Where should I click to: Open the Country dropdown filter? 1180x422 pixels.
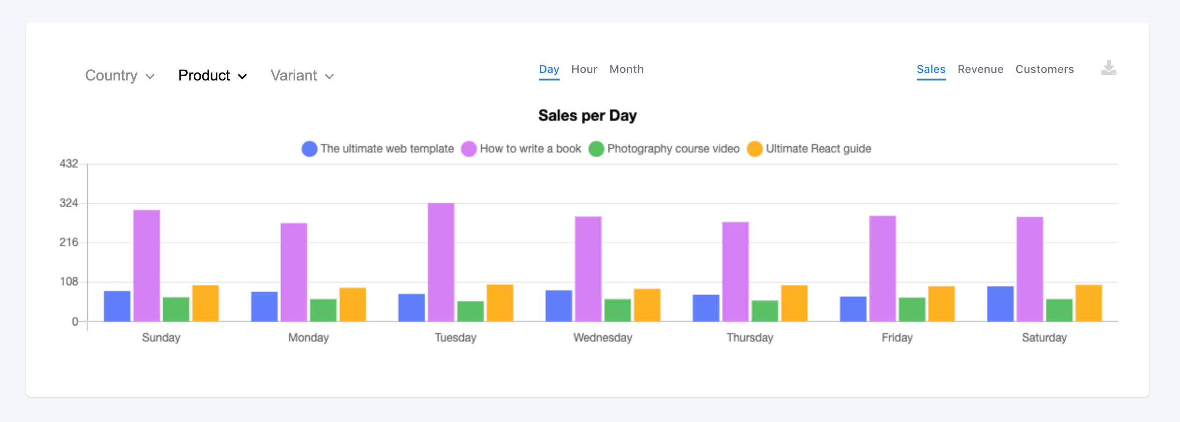119,75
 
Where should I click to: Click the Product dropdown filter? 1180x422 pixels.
212,75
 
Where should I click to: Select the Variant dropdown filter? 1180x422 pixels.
302,75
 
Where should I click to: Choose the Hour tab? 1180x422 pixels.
584,69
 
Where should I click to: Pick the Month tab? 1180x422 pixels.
626,69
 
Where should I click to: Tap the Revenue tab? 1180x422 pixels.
980,69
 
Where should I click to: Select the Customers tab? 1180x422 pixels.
1044,69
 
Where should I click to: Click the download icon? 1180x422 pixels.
1108,68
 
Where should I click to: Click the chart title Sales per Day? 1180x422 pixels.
587,115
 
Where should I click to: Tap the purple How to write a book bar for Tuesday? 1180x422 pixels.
441,262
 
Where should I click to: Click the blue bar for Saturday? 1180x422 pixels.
1000,304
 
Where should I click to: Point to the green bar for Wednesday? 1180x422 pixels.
617,310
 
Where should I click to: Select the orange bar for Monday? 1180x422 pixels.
352,305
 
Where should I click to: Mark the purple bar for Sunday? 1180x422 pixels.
146,266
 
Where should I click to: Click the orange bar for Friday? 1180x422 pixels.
941,304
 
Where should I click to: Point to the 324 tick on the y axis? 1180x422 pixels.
69,203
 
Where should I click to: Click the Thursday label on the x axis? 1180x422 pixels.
750,337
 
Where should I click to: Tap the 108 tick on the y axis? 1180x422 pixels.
69,282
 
